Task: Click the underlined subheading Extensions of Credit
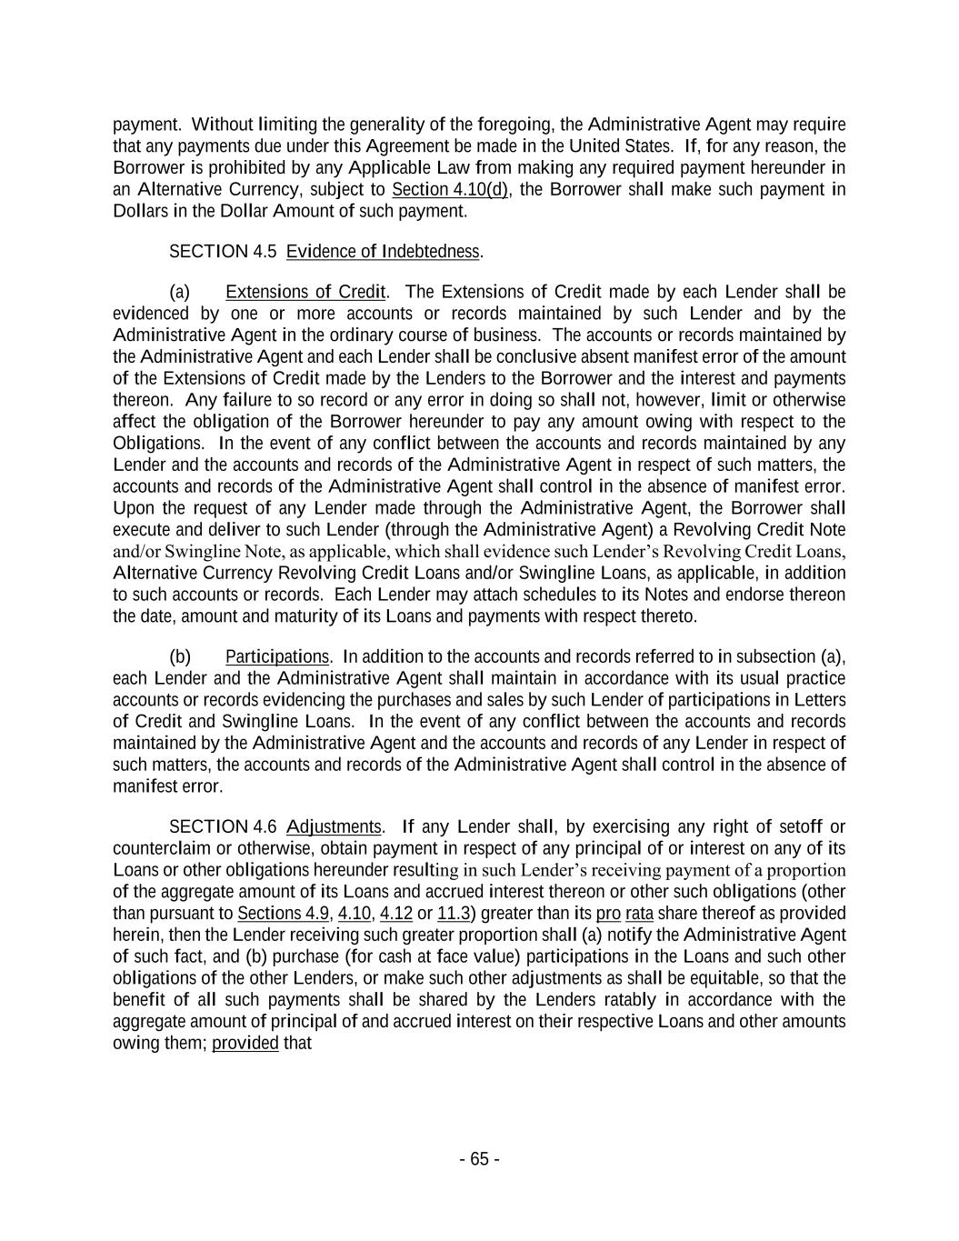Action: tap(305, 292)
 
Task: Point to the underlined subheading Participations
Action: tap(277, 656)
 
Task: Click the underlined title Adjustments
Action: tap(334, 826)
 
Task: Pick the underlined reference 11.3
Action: tap(454, 913)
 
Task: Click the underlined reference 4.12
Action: tap(395, 913)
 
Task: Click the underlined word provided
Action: tap(245, 1043)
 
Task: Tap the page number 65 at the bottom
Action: tap(479, 1159)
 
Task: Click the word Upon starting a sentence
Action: tap(133, 507)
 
